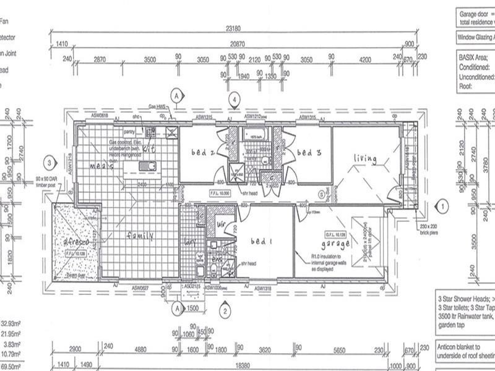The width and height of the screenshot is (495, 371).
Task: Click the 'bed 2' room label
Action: (x=202, y=153)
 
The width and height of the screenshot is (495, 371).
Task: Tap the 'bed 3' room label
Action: (x=308, y=153)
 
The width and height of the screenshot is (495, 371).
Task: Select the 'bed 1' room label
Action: (x=262, y=242)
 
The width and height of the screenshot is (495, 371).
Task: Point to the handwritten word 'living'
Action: (x=364, y=159)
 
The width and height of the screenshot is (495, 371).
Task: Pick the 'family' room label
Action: (x=139, y=234)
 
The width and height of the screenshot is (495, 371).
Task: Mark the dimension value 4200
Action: (x=364, y=60)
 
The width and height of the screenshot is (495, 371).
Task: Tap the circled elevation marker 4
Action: (x=234, y=99)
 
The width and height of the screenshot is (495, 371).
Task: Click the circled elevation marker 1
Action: (x=442, y=206)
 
